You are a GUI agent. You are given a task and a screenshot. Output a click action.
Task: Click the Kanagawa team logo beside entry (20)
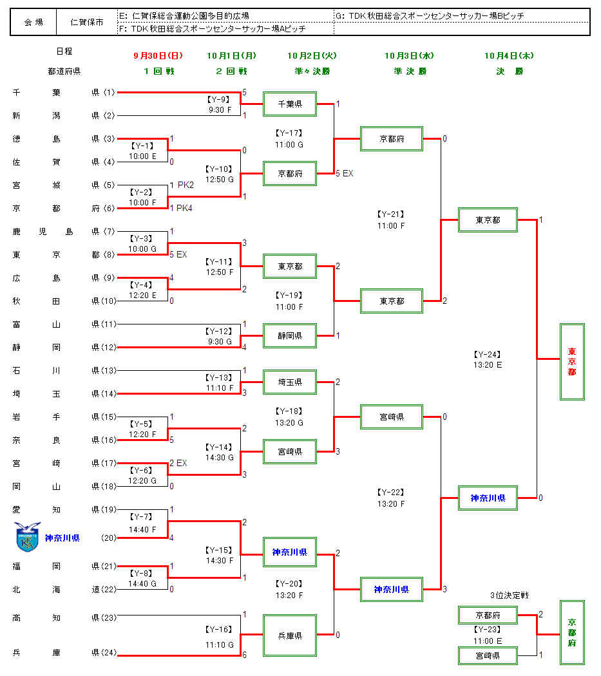(28, 537)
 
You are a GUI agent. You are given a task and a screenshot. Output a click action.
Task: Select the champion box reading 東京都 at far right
(572, 362)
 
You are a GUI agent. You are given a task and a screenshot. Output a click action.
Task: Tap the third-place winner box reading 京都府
(572, 632)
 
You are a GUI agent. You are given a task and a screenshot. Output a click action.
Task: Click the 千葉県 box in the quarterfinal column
(290, 103)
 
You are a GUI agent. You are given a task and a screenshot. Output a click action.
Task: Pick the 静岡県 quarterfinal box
(290, 335)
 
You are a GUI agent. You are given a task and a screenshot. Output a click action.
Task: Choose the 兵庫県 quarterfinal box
(290, 635)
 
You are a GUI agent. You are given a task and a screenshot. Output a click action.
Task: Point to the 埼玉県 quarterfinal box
(290, 382)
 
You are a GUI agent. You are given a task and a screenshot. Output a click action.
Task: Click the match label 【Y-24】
(487, 354)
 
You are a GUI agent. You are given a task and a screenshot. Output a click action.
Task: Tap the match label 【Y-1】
(142, 146)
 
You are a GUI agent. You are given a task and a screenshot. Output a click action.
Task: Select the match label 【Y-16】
(218, 629)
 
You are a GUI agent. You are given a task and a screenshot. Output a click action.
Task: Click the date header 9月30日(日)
(158, 56)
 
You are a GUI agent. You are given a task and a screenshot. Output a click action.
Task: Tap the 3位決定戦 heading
(509, 595)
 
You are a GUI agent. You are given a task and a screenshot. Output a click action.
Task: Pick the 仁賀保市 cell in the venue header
(86, 22)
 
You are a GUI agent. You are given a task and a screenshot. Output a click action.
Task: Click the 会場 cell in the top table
(33, 22)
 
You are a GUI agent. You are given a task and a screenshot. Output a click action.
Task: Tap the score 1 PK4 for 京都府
(180, 208)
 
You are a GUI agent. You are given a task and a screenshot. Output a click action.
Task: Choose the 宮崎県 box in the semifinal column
(392, 417)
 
